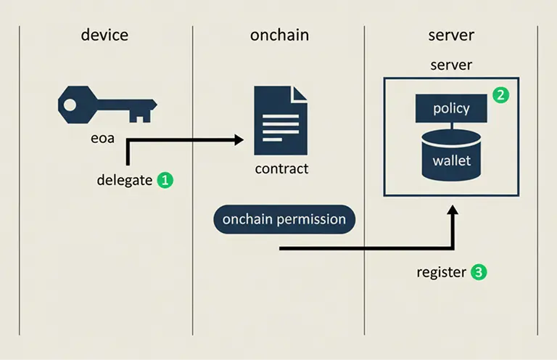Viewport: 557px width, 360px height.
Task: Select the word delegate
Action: pos(125,180)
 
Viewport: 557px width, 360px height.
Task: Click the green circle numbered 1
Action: pos(165,180)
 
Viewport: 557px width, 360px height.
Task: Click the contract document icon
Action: pos(280,120)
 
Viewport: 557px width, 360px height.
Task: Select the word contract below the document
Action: pos(281,169)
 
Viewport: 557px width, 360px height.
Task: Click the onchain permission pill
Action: pos(284,219)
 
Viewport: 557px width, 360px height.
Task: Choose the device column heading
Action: pos(105,35)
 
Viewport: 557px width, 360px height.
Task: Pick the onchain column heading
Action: pos(278,35)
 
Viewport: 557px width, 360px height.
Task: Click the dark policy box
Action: pos(451,109)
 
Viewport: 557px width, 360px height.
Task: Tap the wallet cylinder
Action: pos(451,155)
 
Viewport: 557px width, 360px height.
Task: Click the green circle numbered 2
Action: pos(500,94)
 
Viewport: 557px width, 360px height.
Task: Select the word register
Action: pos(441,273)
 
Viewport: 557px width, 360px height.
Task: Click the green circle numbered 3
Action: pos(479,273)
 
